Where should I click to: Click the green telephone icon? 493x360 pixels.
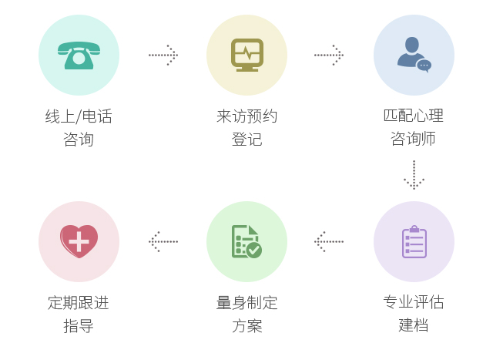point(79,55)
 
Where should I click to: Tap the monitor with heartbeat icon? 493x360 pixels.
point(246,55)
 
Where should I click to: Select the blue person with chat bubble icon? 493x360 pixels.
point(414,55)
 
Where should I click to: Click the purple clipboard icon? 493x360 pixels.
point(414,241)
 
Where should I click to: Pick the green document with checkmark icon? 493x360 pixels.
point(246,241)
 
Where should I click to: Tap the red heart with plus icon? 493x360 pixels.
point(79,241)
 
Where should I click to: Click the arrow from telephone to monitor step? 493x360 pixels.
point(163,55)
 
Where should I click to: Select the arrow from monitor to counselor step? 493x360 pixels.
point(329,55)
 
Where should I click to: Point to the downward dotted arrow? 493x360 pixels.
point(414,175)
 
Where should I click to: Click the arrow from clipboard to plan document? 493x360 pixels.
point(329,241)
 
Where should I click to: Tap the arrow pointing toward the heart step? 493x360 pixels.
point(163,241)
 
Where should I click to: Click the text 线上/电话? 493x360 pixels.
point(79,116)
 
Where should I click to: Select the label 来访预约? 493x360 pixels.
point(246,116)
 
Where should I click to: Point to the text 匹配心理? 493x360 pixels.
point(414,116)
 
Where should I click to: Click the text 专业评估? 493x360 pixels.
point(414,302)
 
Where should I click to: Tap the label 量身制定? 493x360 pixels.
point(246,302)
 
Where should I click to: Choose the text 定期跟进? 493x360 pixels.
point(79,302)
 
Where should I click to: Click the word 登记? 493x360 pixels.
point(246,140)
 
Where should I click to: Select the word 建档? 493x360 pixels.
point(414,325)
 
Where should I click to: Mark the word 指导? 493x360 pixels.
point(79,325)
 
